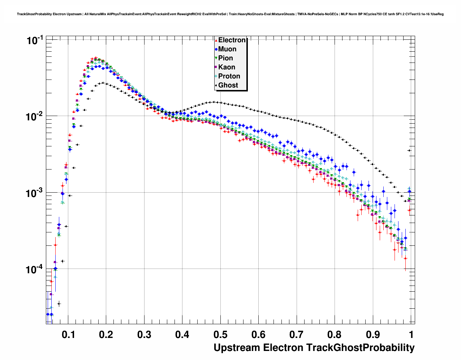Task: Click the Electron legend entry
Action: click(232, 40)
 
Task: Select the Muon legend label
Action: click(227, 49)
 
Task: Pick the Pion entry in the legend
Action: click(225, 58)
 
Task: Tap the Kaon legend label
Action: click(227, 67)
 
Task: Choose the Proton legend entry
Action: click(229, 76)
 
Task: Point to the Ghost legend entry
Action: click(228, 85)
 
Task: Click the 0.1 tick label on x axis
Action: click(69, 335)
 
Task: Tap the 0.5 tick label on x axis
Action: click(220, 335)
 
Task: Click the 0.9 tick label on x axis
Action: click(372, 335)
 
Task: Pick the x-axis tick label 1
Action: click(411, 335)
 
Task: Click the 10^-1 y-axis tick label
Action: click(35, 40)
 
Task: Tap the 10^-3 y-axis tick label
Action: click(35, 193)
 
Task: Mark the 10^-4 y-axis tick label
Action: click(35, 269)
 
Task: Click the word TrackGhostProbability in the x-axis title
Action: click(360, 348)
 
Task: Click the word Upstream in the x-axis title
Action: click(237, 348)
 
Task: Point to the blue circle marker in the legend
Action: click(216, 49)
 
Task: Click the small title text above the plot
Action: click(230, 14)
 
